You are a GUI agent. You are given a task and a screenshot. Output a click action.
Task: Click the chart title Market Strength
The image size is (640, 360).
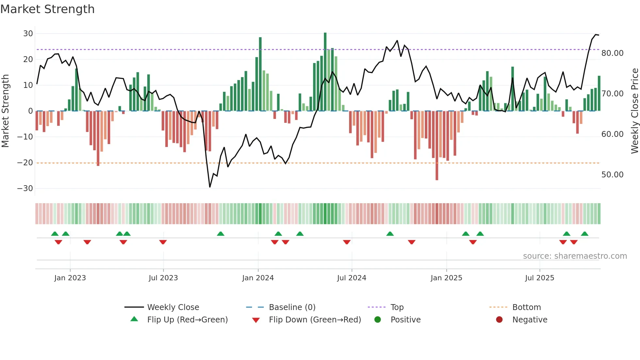pos(47,9)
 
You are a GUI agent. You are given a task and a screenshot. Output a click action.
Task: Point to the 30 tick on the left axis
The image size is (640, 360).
pos(28,34)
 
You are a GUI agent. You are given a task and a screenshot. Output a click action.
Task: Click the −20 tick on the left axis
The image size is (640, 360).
pos(25,163)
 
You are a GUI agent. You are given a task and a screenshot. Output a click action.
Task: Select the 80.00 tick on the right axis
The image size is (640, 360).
pos(612,53)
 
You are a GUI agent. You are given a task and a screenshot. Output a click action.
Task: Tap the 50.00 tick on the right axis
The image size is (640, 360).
pos(612,175)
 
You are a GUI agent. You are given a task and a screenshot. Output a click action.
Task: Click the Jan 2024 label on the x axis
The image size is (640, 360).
pos(258,278)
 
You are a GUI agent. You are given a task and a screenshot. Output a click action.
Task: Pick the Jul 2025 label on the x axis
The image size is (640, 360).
pos(539,278)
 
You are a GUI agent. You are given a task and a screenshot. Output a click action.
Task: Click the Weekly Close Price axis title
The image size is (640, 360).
pos(634,111)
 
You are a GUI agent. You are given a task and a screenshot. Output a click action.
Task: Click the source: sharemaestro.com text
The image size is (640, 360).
pos(575,256)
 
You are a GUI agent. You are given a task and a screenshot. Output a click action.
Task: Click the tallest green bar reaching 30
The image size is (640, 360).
pos(325,72)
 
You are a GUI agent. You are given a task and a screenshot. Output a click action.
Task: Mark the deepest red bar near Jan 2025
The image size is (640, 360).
pos(437,145)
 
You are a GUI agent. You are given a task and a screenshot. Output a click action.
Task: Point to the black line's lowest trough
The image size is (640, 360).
pos(210,187)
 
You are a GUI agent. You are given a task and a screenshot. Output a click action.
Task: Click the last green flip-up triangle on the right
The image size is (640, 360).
pos(584,234)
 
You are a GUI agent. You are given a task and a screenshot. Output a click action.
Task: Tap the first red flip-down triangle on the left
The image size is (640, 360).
pos(58,242)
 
